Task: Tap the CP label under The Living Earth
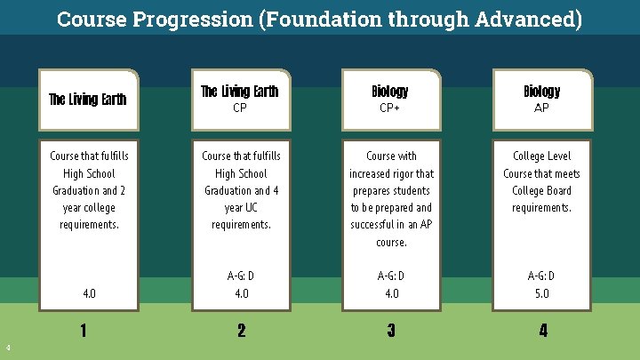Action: click(240, 108)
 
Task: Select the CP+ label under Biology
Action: click(390, 108)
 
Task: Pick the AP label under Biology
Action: click(541, 108)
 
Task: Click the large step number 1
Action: click(83, 332)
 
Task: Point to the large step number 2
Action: click(241, 332)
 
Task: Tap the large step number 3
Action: click(391, 332)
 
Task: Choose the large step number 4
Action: click(542, 332)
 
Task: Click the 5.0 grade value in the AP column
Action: click(541, 293)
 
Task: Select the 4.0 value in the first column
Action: click(89, 293)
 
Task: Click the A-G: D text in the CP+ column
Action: click(391, 276)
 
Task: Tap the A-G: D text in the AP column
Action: click(541, 276)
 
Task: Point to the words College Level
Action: click(541, 156)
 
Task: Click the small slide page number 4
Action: click(7, 347)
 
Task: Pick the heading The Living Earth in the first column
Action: click(87, 100)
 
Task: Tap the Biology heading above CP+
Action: click(390, 91)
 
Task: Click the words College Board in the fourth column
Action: click(541, 190)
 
